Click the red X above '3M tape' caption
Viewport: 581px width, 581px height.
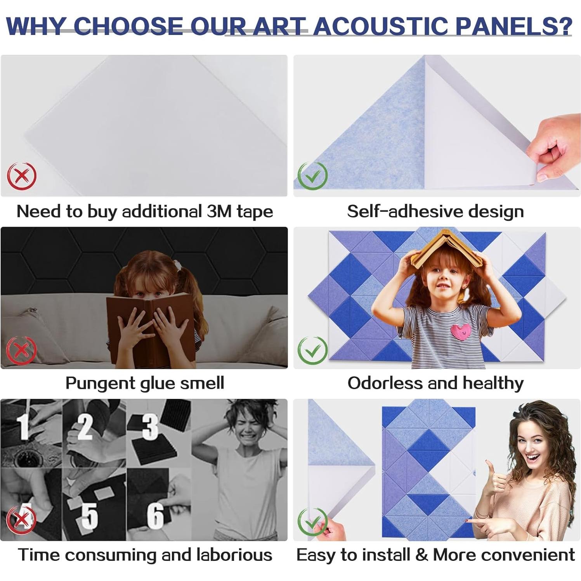[x=22, y=176]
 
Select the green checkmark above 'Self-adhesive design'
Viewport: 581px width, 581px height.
[x=312, y=176]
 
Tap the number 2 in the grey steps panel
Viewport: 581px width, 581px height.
[x=85, y=427]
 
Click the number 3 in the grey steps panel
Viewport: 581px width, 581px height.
[x=150, y=427]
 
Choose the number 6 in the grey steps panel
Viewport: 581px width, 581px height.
[x=155, y=516]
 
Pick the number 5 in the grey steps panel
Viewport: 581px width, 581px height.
[x=90, y=516]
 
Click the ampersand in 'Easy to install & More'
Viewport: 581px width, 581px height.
[x=421, y=555]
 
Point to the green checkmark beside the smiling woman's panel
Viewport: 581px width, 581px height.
[x=312, y=521]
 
